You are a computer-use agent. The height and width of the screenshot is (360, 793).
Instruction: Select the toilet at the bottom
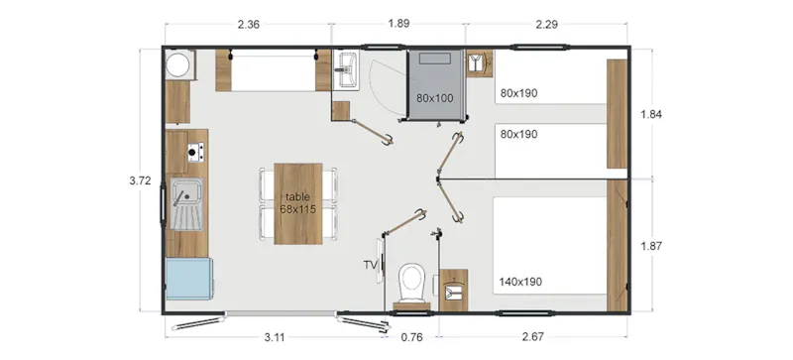[x=410, y=283]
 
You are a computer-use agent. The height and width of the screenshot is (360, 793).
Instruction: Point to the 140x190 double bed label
[x=522, y=282]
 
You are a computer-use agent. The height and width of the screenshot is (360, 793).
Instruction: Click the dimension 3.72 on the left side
[x=140, y=181]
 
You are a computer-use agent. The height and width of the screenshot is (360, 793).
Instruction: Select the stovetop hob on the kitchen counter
[x=195, y=152]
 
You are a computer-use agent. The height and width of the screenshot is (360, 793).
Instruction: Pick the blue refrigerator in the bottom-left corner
[x=188, y=280]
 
